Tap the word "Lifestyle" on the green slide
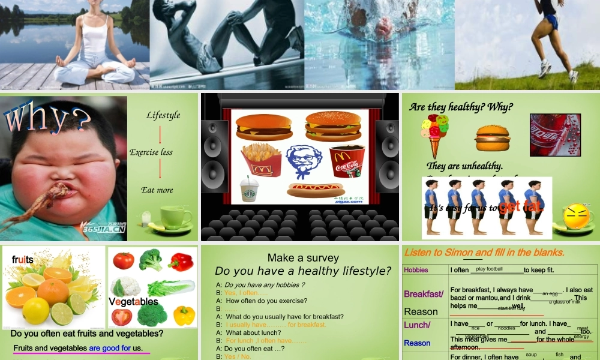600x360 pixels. click(x=163, y=115)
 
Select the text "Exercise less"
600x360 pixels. click(x=151, y=152)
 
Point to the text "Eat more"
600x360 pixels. click(x=157, y=190)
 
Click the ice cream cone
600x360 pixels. click(x=434, y=134)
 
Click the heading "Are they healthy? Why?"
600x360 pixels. click(x=461, y=107)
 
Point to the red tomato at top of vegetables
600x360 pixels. click(x=124, y=260)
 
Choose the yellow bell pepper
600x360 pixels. click(x=184, y=315)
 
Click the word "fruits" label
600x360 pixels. click(x=22, y=260)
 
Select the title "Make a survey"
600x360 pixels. click(x=303, y=258)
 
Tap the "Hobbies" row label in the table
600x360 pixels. click(x=416, y=270)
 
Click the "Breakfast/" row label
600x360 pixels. click(x=424, y=294)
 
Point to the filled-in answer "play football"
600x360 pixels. click(x=490, y=269)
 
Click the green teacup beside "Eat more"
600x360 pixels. click(x=174, y=217)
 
